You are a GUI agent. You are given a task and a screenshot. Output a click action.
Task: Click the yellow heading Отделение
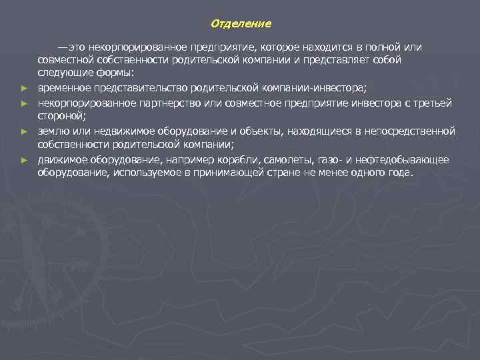pos(241,24)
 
